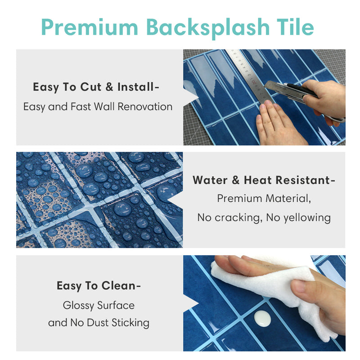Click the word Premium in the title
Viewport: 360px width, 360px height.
pos(90,27)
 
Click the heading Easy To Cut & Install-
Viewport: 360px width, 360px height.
pos(96,87)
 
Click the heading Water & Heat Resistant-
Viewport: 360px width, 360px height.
pos(264,180)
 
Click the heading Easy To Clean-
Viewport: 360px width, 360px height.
pos(96,285)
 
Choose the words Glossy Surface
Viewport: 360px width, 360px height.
pos(99,305)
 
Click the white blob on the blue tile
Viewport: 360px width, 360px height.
pos(262,319)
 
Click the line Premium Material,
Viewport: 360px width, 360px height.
pos(264,198)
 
